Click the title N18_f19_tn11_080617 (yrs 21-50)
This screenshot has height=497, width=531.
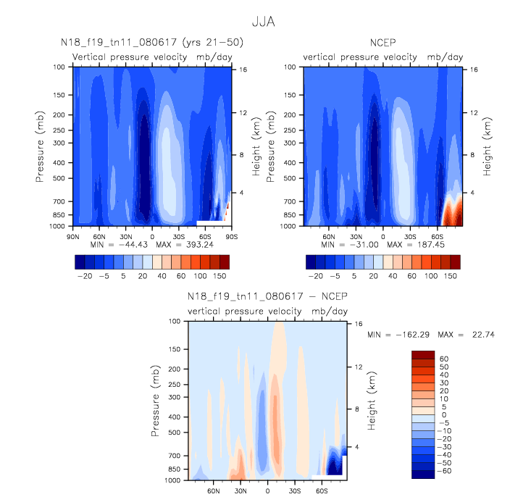pos(151,43)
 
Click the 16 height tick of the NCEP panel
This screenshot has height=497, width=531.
pos(474,70)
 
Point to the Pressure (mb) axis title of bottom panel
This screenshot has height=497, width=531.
pos(155,400)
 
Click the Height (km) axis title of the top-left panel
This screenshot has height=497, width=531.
pos(255,146)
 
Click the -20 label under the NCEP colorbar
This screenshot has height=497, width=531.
pos(316,276)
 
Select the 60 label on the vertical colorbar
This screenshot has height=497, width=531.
pos(443,359)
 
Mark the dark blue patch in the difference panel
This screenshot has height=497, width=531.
pos(335,464)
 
